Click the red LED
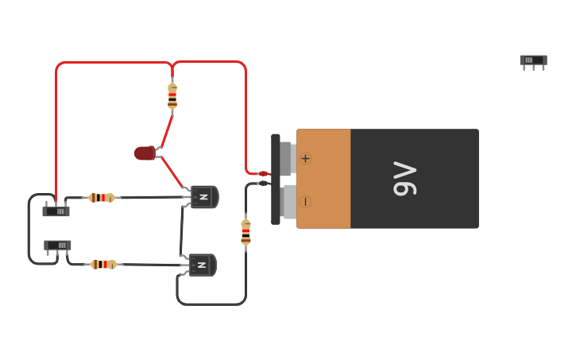pos(145,153)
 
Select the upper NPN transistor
pos(204,196)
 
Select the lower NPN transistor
pos(202,265)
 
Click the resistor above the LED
pos(172,95)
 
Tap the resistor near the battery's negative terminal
pos(245,231)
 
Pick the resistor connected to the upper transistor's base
pos(101,197)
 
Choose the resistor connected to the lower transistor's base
pos(103,265)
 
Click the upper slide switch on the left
pos(56,211)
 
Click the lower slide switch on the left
pos(57,246)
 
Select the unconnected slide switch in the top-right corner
pos(533,60)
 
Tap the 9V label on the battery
pos(404,179)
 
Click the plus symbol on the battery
pos(305,158)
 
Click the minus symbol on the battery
pos(305,201)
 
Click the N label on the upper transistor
pos(203,196)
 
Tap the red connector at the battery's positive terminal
pos(264,173)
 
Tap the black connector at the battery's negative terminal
pos(264,184)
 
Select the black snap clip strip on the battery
pos(276,179)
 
